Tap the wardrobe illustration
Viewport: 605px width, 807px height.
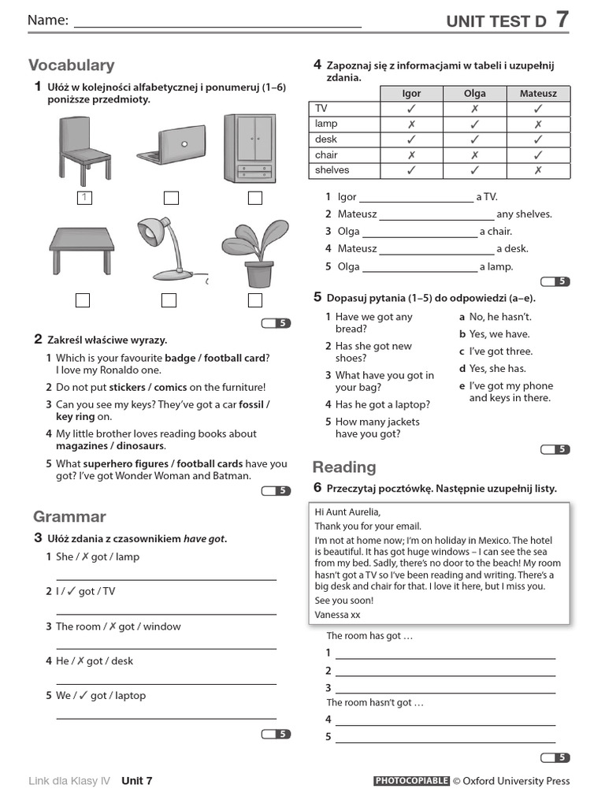[x=251, y=148]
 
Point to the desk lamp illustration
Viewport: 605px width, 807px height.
[x=172, y=247]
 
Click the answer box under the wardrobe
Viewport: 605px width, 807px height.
[x=254, y=198]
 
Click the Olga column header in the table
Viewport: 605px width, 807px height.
[x=475, y=93]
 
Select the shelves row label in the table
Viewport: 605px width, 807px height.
[x=332, y=170]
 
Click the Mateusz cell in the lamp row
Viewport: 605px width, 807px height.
[x=538, y=124]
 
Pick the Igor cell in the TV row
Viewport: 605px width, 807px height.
[x=411, y=109]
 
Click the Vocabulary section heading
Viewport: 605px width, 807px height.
[x=72, y=65]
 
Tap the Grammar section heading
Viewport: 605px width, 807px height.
[x=69, y=516]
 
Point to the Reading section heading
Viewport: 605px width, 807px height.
[x=344, y=467]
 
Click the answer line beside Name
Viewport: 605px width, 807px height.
[x=217, y=24]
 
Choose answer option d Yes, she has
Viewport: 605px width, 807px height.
[x=497, y=369]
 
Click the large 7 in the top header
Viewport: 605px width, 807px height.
[x=562, y=20]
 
